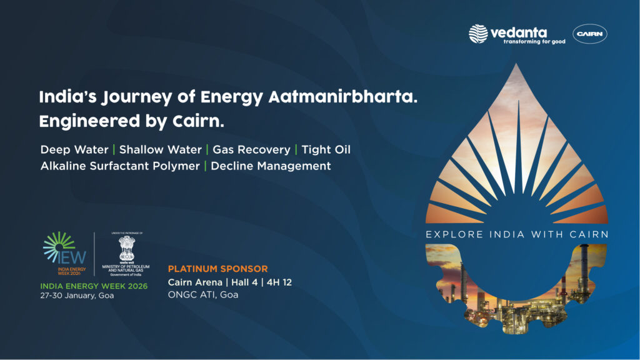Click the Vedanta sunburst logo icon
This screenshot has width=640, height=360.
tap(478, 34)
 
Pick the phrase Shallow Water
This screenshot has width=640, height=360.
tap(160, 150)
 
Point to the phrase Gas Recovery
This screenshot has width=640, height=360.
tap(251, 150)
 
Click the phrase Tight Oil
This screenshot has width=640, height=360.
tap(326, 150)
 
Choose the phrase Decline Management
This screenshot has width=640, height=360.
tap(271, 166)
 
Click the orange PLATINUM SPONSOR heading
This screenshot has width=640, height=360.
tap(217, 269)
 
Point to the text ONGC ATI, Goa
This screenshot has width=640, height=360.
tap(203, 295)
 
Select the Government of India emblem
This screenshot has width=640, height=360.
tap(127, 249)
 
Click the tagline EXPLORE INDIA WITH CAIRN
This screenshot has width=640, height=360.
tap(517, 234)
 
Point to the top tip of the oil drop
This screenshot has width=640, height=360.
tap(516, 64)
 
